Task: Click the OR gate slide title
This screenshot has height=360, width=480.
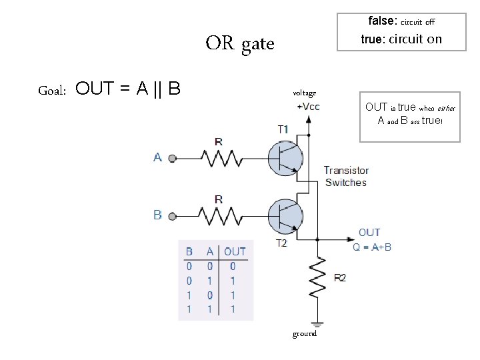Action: (240, 43)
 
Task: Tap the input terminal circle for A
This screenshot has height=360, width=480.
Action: (173, 159)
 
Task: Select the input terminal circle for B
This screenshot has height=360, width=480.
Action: (173, 217)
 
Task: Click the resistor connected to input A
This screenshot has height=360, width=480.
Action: (221, 158)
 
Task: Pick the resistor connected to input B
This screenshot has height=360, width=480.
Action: (221, 216)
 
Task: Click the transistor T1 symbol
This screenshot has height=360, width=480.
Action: (285, 158)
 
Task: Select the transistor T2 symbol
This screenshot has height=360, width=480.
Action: (285, 217)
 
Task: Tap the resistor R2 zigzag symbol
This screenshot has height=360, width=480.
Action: (317, 277)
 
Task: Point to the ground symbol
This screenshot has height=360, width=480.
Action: (317, 325)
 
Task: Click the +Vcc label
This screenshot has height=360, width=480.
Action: (308, 107)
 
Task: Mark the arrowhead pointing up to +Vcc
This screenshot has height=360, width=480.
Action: (309, 119)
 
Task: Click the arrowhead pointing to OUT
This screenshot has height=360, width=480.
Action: (351, 239)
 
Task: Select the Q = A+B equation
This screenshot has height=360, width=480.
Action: (372, 247)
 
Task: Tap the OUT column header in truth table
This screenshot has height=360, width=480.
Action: (235, 251)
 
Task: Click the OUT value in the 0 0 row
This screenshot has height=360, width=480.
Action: (233, 266)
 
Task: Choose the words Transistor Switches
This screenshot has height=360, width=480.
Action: (346, 176)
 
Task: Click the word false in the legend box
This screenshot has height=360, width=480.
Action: (383, 21)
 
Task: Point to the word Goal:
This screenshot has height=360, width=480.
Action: (52, 91)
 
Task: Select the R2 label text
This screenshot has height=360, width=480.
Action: (340, 278)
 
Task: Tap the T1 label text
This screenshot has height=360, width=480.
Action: (283, 129)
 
